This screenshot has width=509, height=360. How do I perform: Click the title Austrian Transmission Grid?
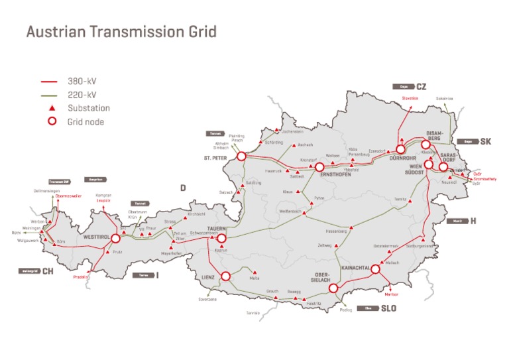[121, 32]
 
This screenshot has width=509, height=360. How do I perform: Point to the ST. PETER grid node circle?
[241, 156]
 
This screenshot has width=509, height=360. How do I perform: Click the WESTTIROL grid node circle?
[115, 239]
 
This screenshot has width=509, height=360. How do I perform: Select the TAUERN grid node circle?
[222, 239]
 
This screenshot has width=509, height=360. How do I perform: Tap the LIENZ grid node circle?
[227, 276]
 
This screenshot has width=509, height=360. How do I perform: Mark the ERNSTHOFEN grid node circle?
[319, 167]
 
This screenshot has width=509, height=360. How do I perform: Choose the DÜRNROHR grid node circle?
[400, 150]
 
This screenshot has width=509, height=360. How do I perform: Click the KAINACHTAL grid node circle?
[375, 269]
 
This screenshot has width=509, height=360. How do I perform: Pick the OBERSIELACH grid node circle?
[333, 288]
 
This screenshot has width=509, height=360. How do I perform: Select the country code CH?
[47, 271]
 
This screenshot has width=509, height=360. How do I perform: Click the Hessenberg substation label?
[338, 231]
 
